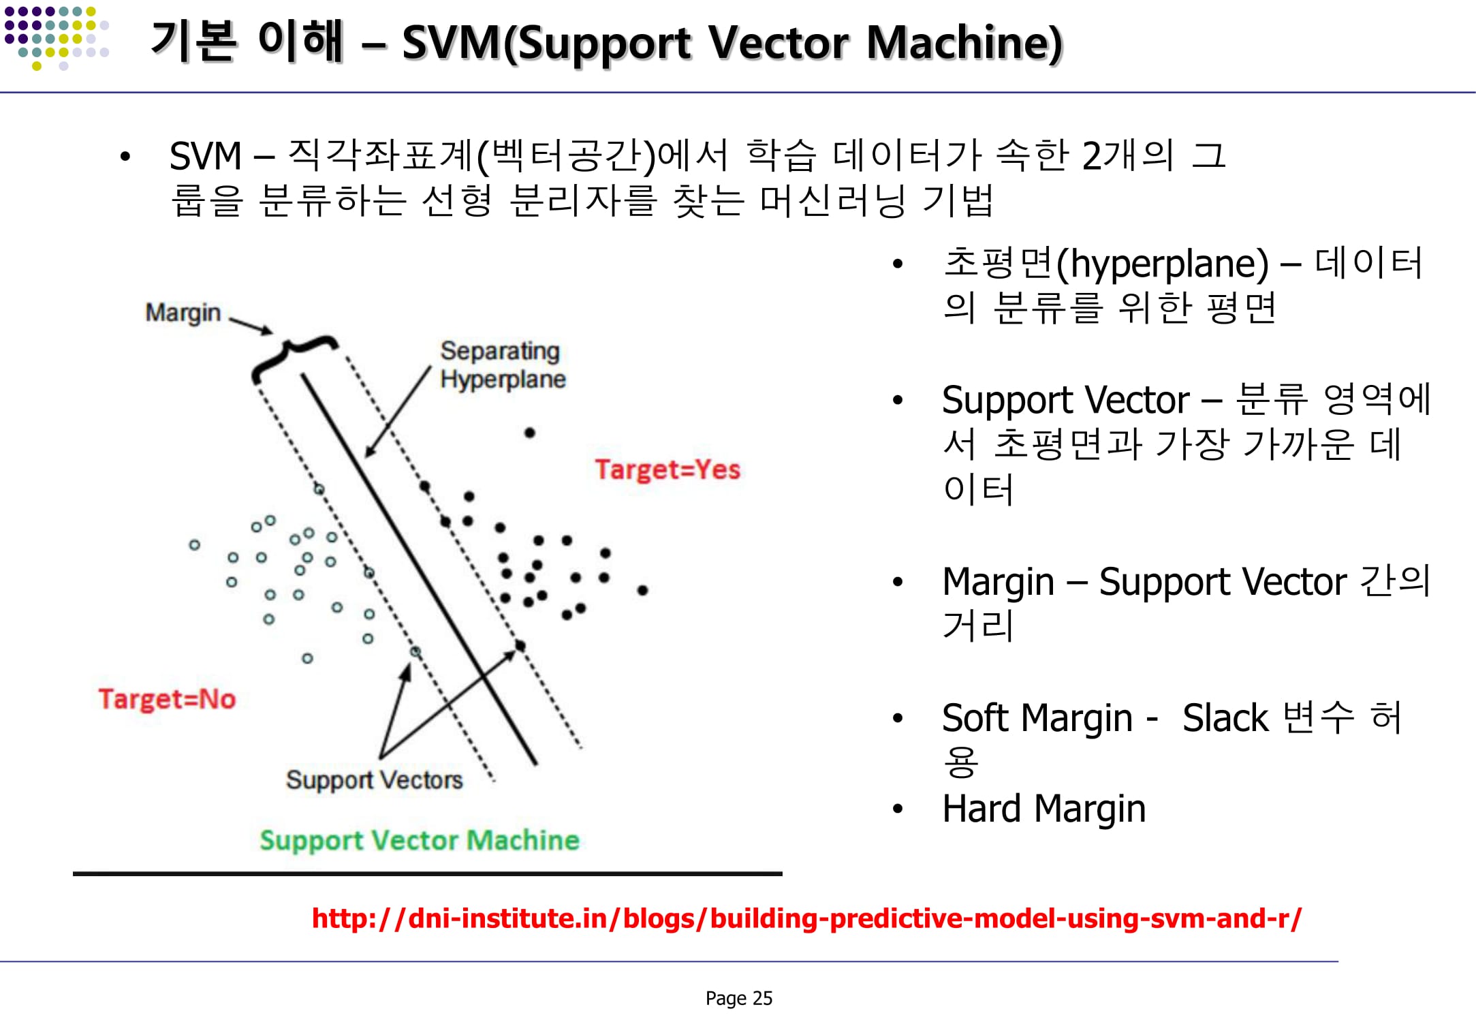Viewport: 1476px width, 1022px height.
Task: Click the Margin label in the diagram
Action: click(183, 313)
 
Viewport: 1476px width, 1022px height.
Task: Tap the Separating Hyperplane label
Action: click(502, 365)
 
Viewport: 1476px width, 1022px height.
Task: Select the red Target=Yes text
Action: click(667, 469)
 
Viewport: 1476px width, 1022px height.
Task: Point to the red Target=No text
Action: click(167, 699)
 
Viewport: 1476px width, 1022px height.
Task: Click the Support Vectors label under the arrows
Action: click(374, 779)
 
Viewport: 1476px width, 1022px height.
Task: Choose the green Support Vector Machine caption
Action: click(420, 840)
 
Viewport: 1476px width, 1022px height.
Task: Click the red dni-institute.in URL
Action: click(806, 918)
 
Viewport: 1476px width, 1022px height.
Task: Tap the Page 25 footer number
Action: click(738, 998)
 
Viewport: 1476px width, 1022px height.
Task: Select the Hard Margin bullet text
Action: click(1043, 809)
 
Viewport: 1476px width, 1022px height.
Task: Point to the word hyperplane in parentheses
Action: click(1163, 264)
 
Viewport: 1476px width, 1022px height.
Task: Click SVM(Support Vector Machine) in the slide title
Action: click(732, 43)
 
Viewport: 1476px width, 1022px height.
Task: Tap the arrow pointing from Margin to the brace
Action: click(250, 325)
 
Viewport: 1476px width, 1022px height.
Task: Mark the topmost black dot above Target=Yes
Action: click(530, 433)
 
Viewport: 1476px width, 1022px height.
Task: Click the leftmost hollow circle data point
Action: click(195, 545)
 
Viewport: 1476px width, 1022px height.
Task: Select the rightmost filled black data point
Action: click(642, 590)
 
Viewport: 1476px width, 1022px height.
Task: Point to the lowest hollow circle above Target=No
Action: click(307, 658)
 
